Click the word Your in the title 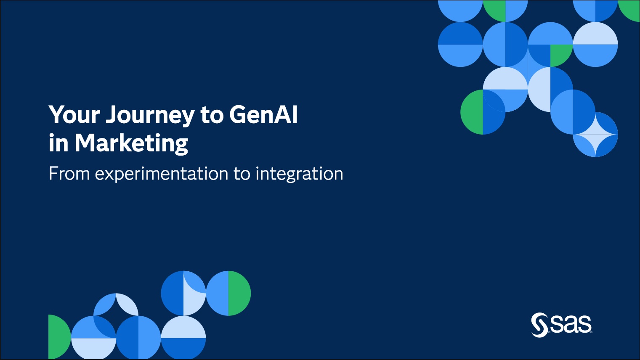click(74, 114)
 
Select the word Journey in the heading click(150, 116)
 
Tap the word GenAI click(263, 114)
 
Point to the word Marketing click(131, 144)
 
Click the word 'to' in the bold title click(212, 115)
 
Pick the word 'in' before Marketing click(58, 143)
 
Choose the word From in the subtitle click(69, 174)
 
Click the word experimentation click(162, 174)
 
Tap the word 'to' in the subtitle click(242, 174)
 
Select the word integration click(300, 174)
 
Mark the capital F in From click(53, 174)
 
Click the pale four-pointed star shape click(595, 134)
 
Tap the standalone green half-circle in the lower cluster click(59, 337)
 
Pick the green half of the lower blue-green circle click(239, 293)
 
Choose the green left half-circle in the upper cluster click(472, 112)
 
